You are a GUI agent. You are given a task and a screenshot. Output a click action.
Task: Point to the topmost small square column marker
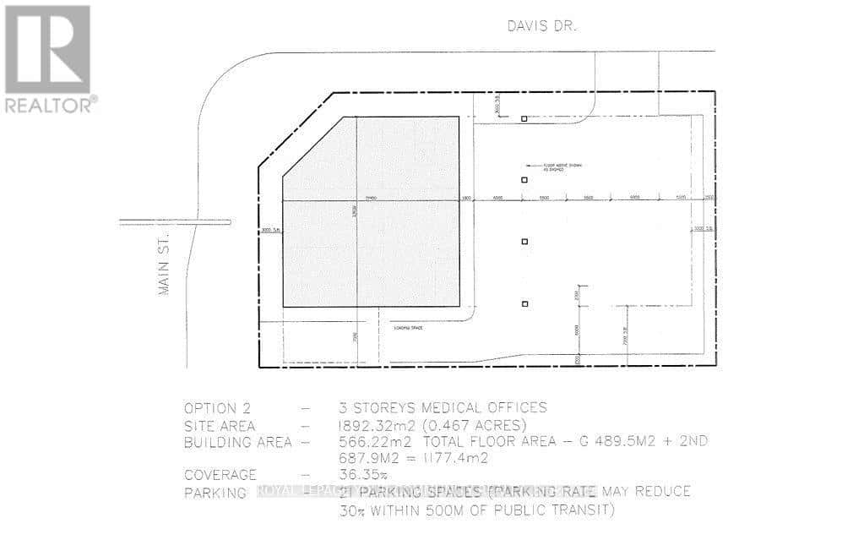click(524, 119)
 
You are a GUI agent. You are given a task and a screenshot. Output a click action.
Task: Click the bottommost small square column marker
click(524, 303)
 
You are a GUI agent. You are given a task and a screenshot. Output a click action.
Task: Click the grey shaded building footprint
click(372, 220)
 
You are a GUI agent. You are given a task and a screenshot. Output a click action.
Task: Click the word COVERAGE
click(220, 475)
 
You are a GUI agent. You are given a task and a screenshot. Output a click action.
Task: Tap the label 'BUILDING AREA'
click(237, 441)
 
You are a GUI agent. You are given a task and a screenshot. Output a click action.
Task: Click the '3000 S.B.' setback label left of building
click(269, 228)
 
